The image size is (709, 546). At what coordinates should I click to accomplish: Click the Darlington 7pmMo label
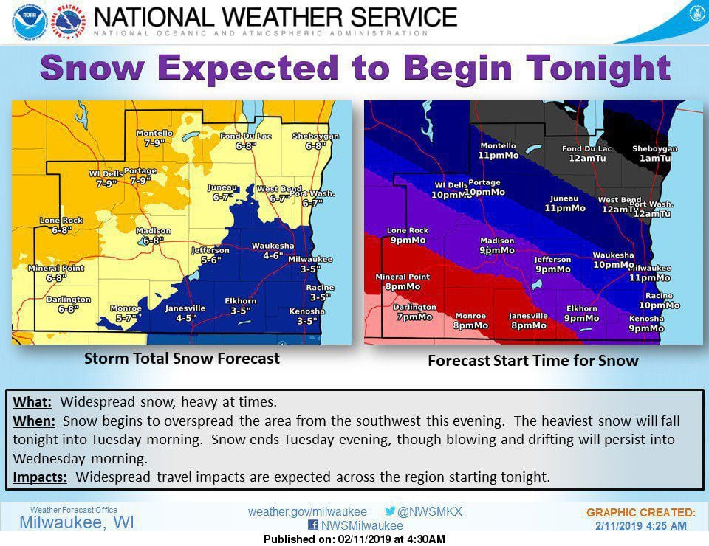414,312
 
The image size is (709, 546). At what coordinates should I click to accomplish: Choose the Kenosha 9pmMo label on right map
645,323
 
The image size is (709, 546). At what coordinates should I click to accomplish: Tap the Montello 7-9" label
154,138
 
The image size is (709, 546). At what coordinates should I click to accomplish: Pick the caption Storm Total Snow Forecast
182,359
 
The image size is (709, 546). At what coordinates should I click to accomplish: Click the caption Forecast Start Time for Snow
533,362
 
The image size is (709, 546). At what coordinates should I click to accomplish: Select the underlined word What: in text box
32,403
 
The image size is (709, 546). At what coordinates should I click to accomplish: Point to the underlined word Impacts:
40,477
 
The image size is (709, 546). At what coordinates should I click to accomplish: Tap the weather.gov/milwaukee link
307,511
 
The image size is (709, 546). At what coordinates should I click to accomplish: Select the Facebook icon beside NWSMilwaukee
313,526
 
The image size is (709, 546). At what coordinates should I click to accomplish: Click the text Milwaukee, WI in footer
77,523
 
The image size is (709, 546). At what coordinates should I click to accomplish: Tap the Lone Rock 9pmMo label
407,235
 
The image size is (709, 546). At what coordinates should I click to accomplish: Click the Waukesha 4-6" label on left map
272,251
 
